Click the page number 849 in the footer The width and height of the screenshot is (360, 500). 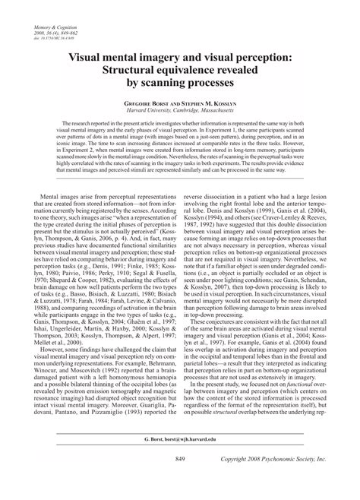pos(180,480)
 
